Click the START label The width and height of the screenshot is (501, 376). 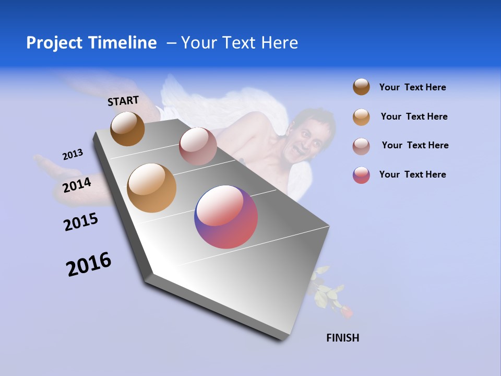(123, 101)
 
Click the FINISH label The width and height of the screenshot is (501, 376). (342, 338)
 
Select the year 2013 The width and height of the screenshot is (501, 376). (73, 155)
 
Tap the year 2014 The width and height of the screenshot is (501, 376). (77, 185)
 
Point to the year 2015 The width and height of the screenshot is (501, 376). (81, 222)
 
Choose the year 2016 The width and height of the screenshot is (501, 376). (89, 264)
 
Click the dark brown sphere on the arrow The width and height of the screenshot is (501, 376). (127, 128)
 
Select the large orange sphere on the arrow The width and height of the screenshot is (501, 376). (152, 188)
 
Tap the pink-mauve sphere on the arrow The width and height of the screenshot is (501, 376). (198, 146)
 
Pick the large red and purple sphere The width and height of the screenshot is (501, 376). (226, 217)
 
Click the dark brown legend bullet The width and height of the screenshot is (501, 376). (361, 87)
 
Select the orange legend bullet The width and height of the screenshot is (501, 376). (361, 116)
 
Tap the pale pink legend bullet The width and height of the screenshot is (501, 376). (361, 146)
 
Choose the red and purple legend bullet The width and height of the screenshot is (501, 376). (361, 175)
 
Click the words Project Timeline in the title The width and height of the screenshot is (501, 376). (91, 43)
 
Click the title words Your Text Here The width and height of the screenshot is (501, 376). (240, 43)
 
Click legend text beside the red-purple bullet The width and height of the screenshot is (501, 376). (412, 174)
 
